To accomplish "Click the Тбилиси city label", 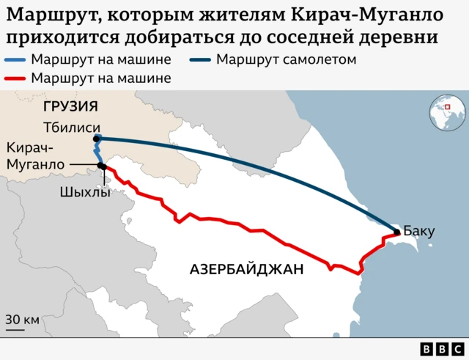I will (x=69, y=126).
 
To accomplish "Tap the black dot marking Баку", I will (x=397, y=232).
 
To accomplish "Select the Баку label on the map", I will (x=419, y=232).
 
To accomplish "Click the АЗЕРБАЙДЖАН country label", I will (x=246, y=269).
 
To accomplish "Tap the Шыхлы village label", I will (x=86, y=193).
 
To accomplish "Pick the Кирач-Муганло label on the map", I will (x=34, y=156).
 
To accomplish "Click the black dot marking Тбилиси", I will (x=97, y=139).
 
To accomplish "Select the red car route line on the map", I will (x=220, y=219).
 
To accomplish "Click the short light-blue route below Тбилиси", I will (x=96, y=153).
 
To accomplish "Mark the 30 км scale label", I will (x=23, y=320).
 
